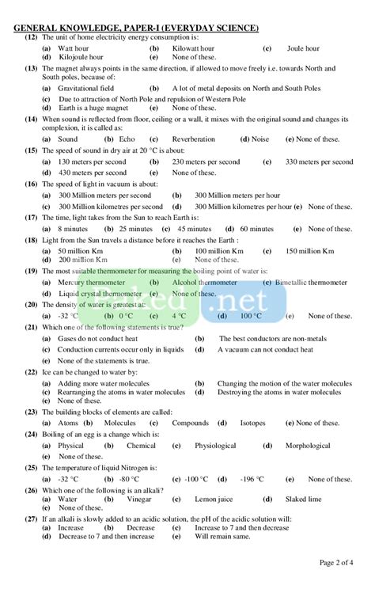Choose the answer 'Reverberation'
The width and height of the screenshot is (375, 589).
(193, 139)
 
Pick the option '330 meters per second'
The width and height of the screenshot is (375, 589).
(319, 161)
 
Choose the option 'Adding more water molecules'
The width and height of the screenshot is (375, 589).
(106, 383)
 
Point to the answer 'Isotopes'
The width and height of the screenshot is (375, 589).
(252, 423)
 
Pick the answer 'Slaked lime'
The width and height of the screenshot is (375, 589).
(303, 500)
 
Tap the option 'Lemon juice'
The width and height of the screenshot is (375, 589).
(214, 500)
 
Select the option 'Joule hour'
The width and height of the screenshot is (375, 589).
(303, 48)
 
